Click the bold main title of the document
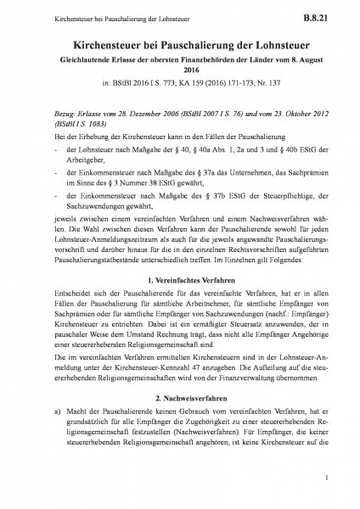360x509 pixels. pyautogui.click(x=179, y=41)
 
